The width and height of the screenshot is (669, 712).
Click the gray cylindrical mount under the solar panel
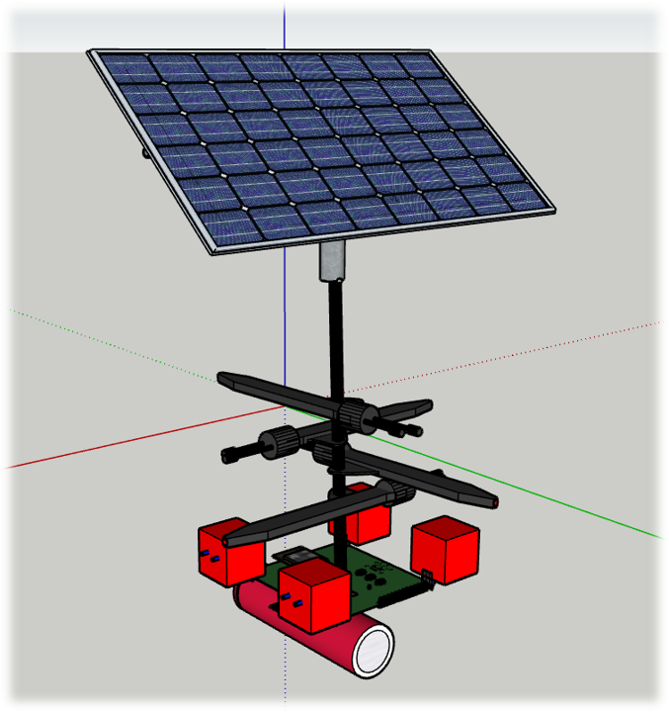333,261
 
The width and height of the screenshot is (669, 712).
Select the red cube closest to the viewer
314,595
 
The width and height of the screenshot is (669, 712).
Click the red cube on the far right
446,550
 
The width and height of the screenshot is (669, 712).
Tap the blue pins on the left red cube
209,559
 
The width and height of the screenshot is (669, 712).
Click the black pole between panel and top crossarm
334,336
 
